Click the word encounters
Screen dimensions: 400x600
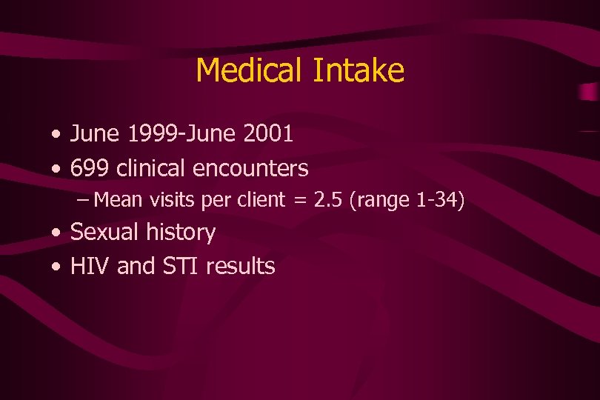tap(250, 169)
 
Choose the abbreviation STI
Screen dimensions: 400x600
tap(177, 266)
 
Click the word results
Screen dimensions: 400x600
tap(241, 266)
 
